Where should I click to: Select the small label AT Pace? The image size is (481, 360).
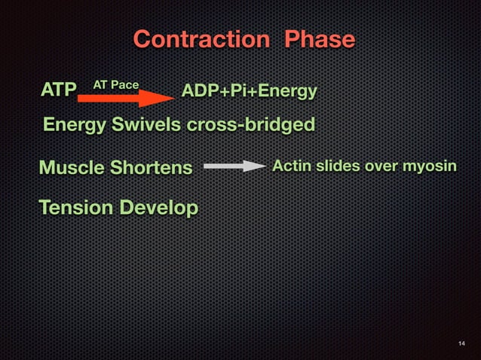(x=115, y=84)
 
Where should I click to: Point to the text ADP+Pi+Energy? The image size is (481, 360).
(x=249, y=92)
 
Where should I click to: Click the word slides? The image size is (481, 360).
(x=335, y=165)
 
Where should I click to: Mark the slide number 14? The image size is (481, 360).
(x=461, y=344)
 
